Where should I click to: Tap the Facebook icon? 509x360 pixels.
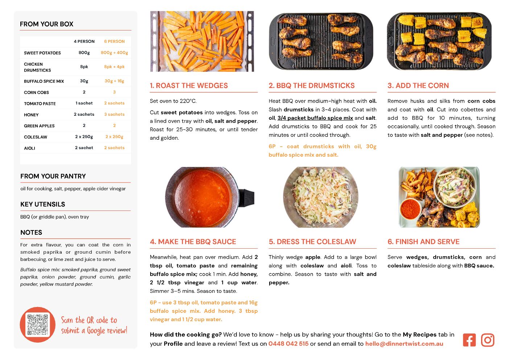(x=469, y=340)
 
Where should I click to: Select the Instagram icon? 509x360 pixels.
(x=488, y=340)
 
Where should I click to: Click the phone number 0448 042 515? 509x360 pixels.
(x=288, y=344)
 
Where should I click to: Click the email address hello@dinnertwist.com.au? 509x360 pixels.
(x=404, y=344)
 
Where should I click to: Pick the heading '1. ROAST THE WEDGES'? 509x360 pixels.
(x=189, y=85)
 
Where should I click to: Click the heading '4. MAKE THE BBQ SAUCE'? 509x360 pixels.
(x=193, y=242)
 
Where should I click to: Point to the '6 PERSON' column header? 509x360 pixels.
(x=114, y=41)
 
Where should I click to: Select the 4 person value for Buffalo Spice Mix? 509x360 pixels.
(x=84, y=81)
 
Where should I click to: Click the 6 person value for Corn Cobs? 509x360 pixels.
(x=114, y=92)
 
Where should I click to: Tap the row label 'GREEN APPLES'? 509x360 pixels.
(x=39, y=126)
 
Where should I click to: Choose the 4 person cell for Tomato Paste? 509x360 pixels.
(x=84, y=103)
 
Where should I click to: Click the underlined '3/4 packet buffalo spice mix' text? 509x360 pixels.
(x=315, y=118)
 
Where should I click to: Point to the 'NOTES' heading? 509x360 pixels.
(x=31, y=232)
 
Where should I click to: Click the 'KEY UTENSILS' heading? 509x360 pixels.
(x=43, y=204)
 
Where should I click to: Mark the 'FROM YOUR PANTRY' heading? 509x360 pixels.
(x=53, y=176)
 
